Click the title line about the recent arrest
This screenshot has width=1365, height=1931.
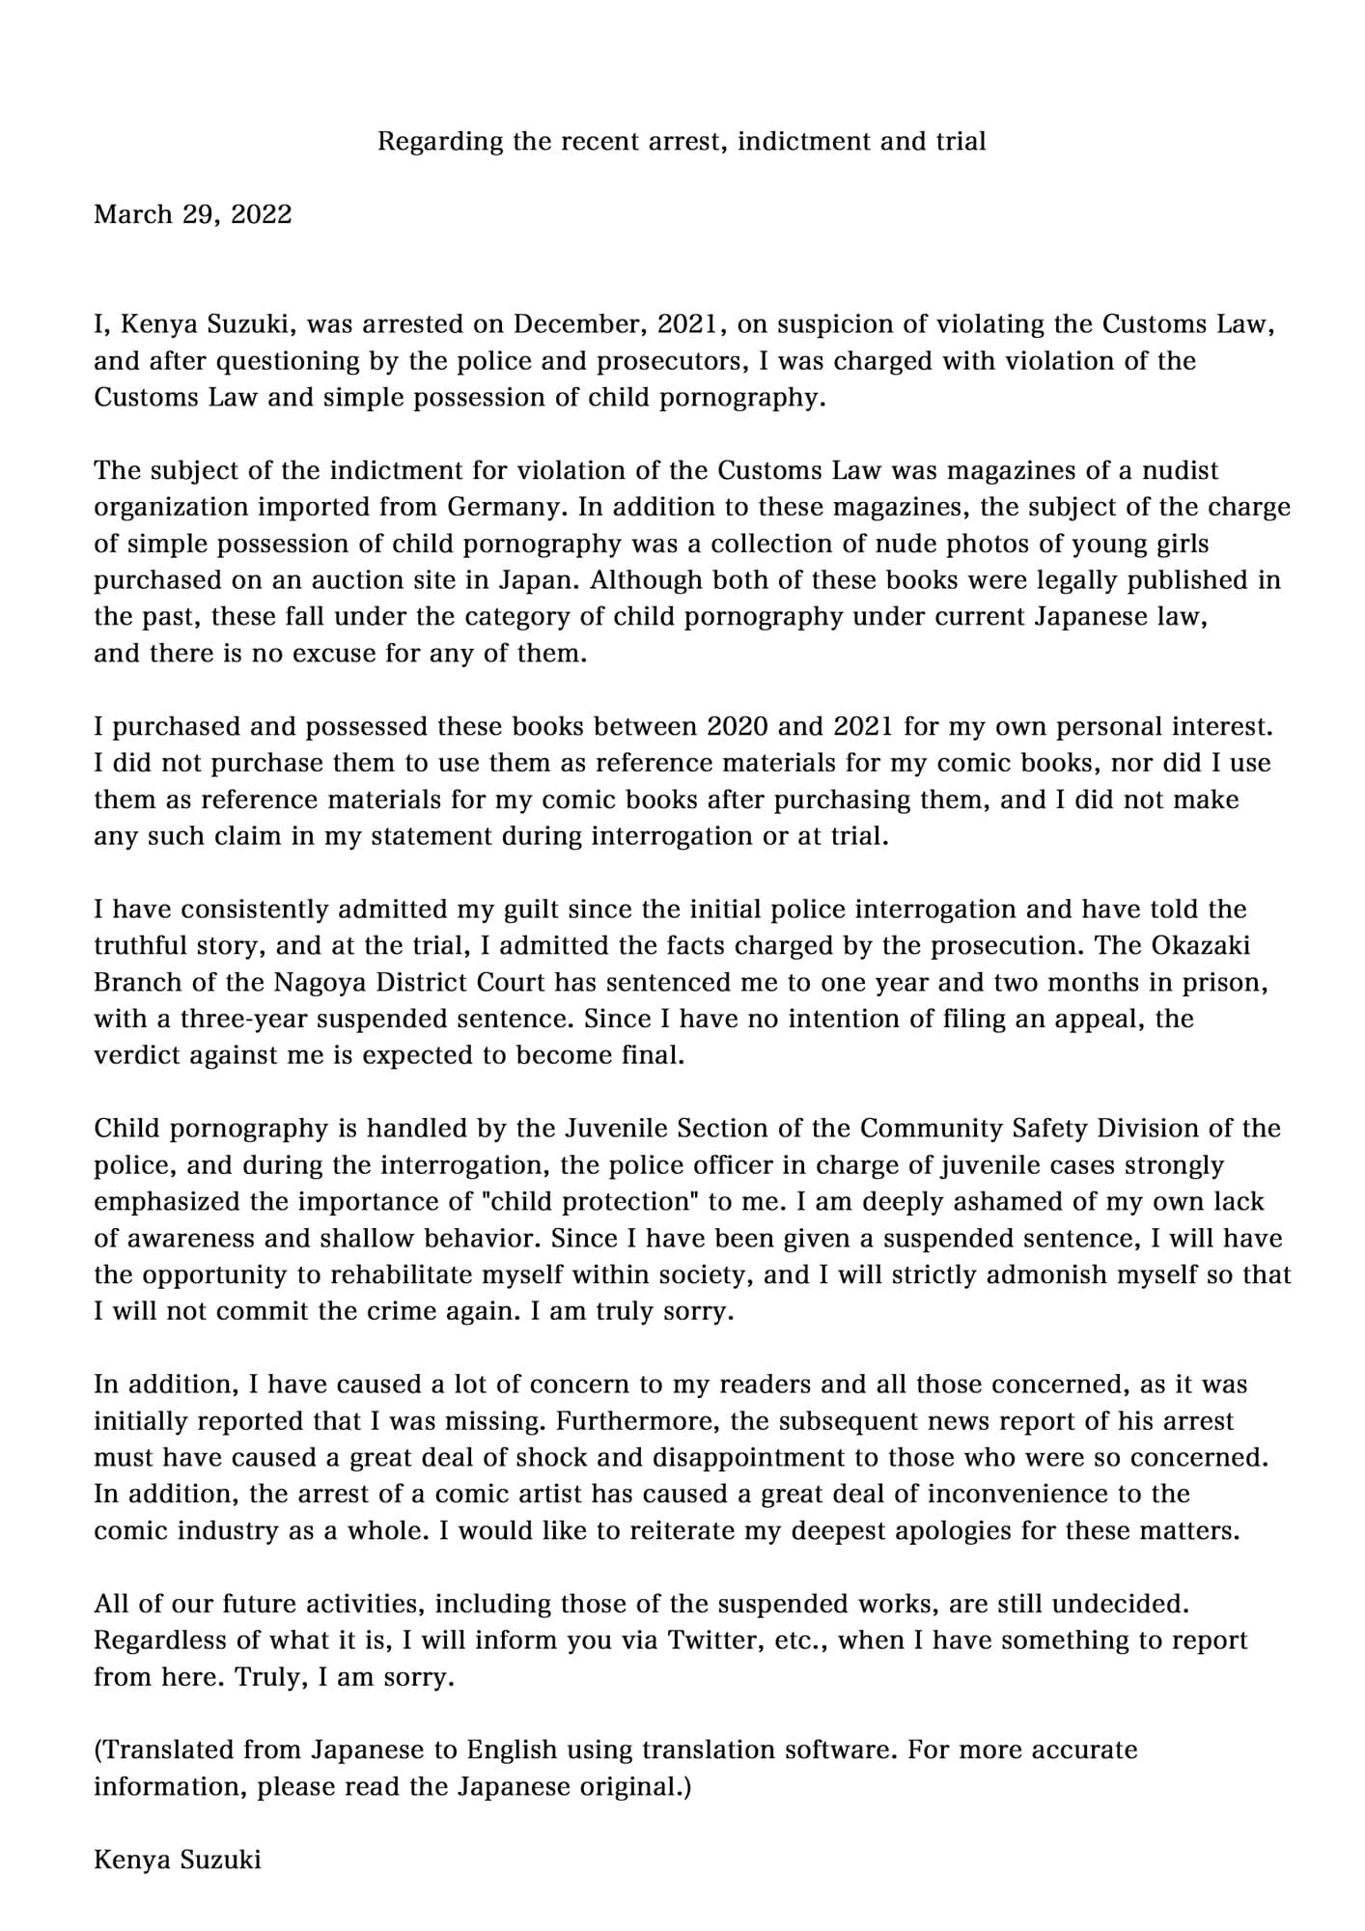coord(682,142)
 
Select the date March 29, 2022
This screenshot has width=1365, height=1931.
coord(192,214)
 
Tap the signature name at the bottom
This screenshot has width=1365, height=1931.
coord(178,1860)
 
